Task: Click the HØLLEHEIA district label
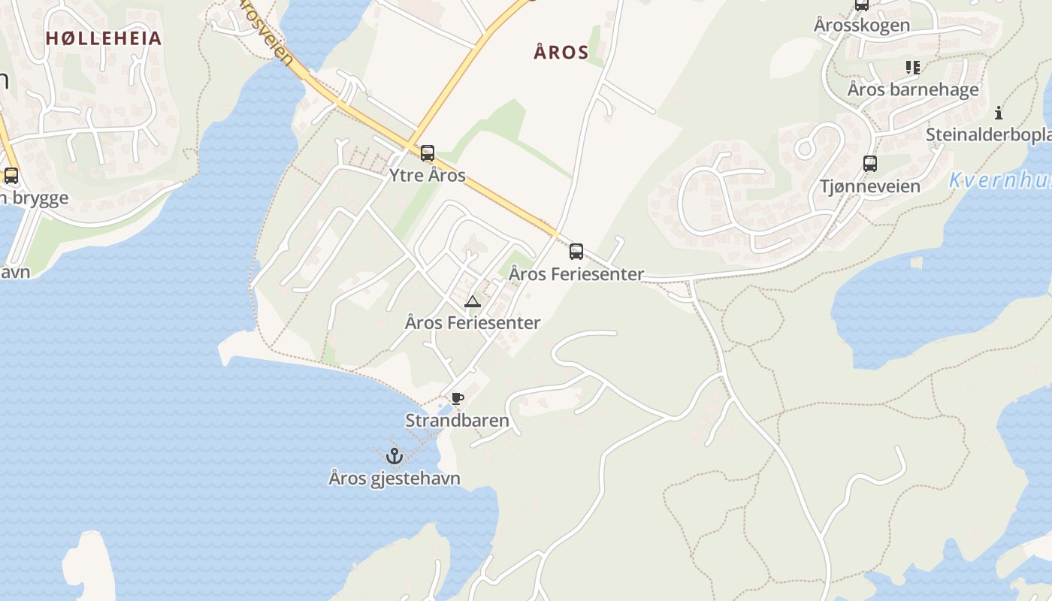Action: pos(104,38)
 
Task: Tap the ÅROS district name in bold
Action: pos(561,52)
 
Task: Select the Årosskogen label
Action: pos(862,25)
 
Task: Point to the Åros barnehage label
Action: pos(913,89)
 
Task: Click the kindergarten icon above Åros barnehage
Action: pos(913,68)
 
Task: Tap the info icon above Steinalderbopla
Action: pos(999,113)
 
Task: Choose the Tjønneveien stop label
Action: pos(870,186)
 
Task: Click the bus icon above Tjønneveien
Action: pos(870,163)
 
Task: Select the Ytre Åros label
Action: pos(427,176)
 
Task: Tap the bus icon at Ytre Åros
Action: pos(428,153)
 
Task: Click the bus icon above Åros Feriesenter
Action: pos(576,252)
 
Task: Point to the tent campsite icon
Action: pos(472,302)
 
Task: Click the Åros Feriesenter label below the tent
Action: pos(473,323)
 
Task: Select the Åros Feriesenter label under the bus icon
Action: pos(576,274)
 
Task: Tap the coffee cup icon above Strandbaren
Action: pos(457,399)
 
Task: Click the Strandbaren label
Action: pos(457,421)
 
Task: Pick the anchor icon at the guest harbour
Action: pos(394,455)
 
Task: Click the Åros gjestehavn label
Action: pos(394,478)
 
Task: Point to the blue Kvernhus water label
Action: pos(999,180)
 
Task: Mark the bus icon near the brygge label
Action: pos(11,176)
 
